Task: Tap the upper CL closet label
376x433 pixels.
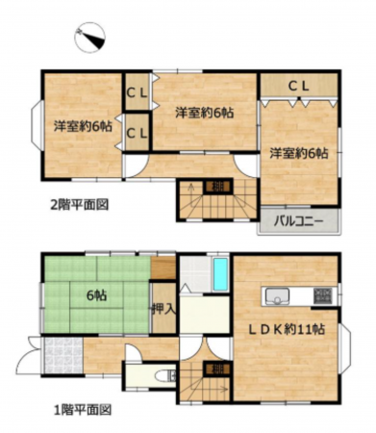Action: pyautogui.click(x=136, y=91)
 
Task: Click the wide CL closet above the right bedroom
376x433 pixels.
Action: pyautogui.click(x=298, y=87)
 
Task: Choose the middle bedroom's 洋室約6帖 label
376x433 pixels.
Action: pyautogui.click(x=204, y=113)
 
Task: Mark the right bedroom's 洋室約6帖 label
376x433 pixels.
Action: pyautogui.click(x=298, y=153)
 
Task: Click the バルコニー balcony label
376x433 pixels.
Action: pyautogui.click(x=298, y=221)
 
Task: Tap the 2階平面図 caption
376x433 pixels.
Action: pyautogui.click(x=78, y=204)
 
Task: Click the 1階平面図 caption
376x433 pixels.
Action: pyautogui.click(x=78, y=409)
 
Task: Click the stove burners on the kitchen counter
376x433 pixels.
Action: pyautogui.click(x=322, y=294)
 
